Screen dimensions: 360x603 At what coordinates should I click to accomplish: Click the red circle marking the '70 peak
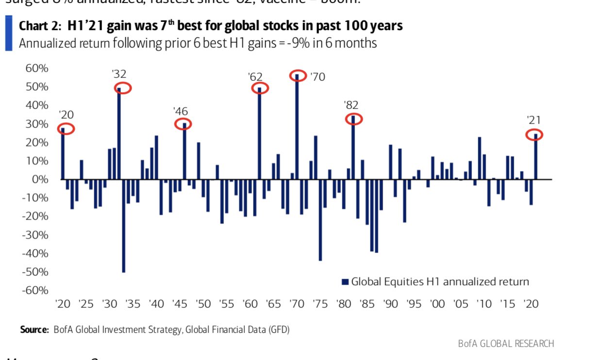tap(298, 75)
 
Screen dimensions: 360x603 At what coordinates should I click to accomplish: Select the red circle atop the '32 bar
tap(123, 88)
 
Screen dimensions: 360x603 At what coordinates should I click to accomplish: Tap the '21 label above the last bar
tap(534, 120)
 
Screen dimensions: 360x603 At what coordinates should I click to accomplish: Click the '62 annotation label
tap(255, 76)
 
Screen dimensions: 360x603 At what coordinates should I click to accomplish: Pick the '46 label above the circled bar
tap(180, 111)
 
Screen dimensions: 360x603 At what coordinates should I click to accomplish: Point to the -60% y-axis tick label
tap(34, 291)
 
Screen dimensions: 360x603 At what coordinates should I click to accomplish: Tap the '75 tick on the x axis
tap(320, 304)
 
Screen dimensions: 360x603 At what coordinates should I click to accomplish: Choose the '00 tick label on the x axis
tap(437, 304)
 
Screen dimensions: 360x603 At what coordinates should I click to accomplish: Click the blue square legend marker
tap(345, 282)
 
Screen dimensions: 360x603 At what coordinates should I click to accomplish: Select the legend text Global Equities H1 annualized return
tap(440, 282)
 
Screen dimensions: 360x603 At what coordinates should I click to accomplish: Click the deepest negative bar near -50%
tap(124, 225)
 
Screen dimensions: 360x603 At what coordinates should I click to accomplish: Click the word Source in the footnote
tap(34, 330)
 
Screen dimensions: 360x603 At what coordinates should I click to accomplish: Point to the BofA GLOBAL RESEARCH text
tap(505, 343)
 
